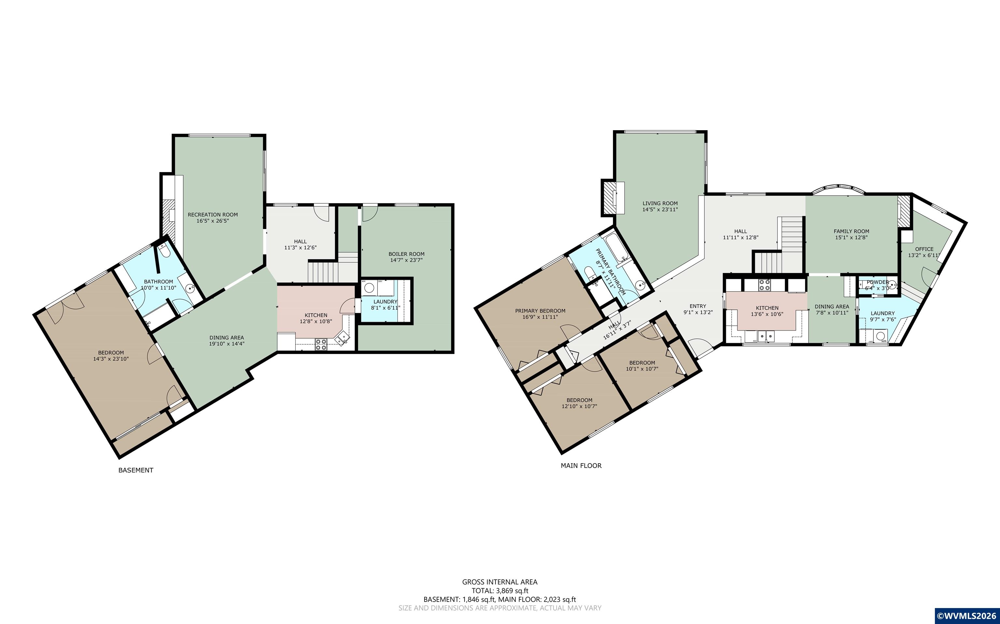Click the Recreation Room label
pos(213,215)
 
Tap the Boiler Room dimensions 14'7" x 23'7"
pos(406,260)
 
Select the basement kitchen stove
pos(321,344)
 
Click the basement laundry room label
pos(385,302)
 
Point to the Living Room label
pos(660,203)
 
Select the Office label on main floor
pos(924,249)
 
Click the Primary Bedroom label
pos(540,311)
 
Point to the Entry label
pos(698,306)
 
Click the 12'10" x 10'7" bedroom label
pos(579,406)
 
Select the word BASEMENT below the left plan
pos(136,470)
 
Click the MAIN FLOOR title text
pos(581,466)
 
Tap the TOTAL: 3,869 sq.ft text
pos(500,590)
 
